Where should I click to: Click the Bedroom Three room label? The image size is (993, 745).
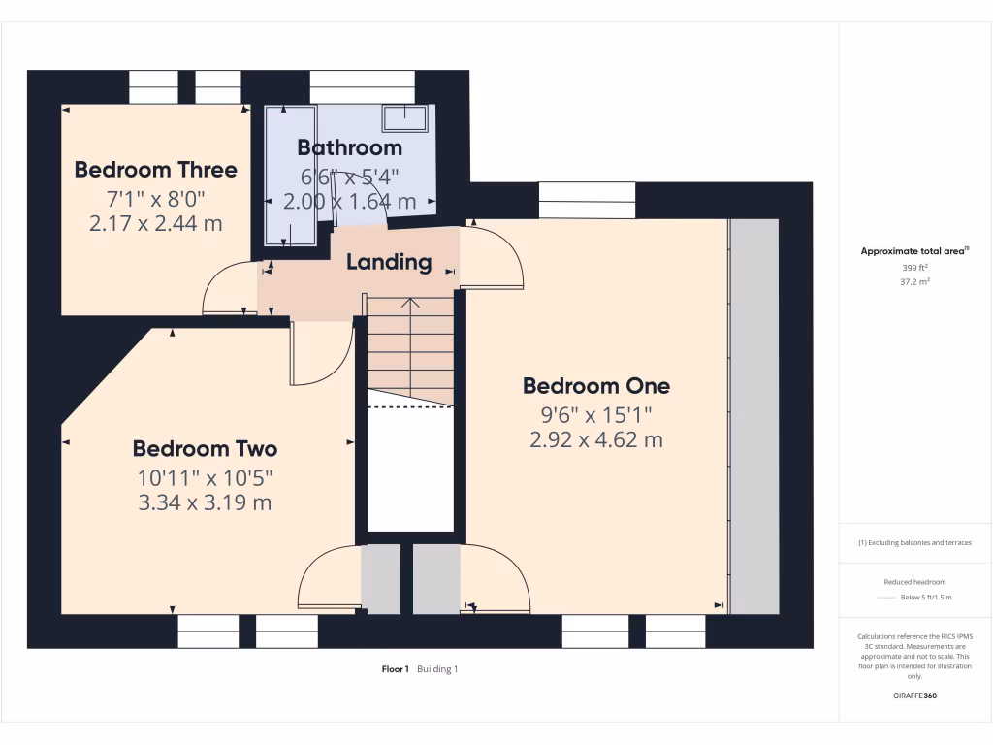pyautogui.click(x=155, y=170)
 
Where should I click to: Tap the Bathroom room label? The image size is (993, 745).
pyautogui.click(x=349, y=147)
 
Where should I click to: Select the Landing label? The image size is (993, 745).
pyautogui.click(x=389, y=262)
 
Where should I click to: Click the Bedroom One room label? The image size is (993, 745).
pyautogui.click(x=595, y=385)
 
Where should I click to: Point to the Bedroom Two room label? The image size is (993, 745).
pyautogui.click(x=205, y=448)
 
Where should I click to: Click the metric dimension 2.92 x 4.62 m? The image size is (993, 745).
pyautogui.click(x=595, y=439)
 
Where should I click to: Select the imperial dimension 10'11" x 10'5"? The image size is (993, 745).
pyautogui.click(x=205, y=477)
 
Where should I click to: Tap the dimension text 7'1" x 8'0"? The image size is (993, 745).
pyautogui.click(x=155, y=198)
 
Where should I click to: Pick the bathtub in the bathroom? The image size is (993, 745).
pyautogui.click(x=290, y=176)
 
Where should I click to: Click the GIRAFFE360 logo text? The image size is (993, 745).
pyautogui.click(x=914, y=696)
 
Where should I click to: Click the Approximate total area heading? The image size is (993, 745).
pyautogui.click(x=913, y=251)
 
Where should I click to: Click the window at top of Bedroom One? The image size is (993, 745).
pyautogui.click(x=587, y=200)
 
